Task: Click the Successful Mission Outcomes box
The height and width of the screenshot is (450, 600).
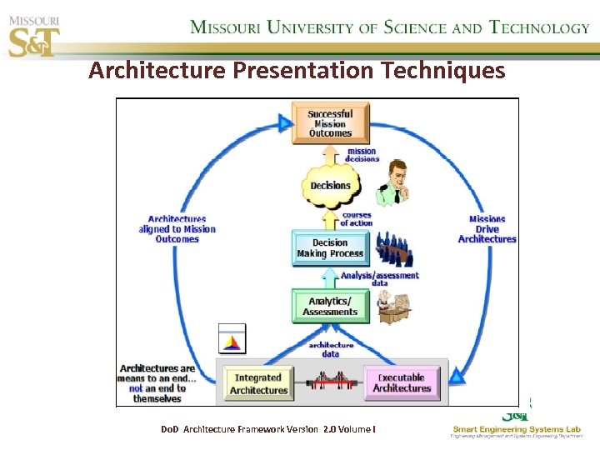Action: click(x=330, y=123)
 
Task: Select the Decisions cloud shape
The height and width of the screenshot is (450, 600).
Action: click(x=331, y=186)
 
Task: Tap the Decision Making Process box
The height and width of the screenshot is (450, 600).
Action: click(x=330, y=248)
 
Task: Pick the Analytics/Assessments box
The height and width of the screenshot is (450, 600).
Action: click(x=330, y=307)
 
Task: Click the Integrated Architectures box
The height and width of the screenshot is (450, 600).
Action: click(x=258, y=384)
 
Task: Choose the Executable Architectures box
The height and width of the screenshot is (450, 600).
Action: click(x=402, y=383)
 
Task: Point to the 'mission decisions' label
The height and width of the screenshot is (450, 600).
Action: click(x=362, y=155)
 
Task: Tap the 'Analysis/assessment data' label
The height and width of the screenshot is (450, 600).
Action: click(x=379, y=278)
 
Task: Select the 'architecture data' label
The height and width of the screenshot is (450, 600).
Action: click(x=331, y=348)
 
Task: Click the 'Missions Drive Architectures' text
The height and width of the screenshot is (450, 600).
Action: click(x=487, y=229)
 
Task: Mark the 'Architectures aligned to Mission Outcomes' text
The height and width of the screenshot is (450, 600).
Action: click(x=177, y=229)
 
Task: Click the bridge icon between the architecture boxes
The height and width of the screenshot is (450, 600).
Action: click(x=330, y=382)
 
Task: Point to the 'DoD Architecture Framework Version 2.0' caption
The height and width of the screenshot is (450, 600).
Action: click(x=267, y=428)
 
